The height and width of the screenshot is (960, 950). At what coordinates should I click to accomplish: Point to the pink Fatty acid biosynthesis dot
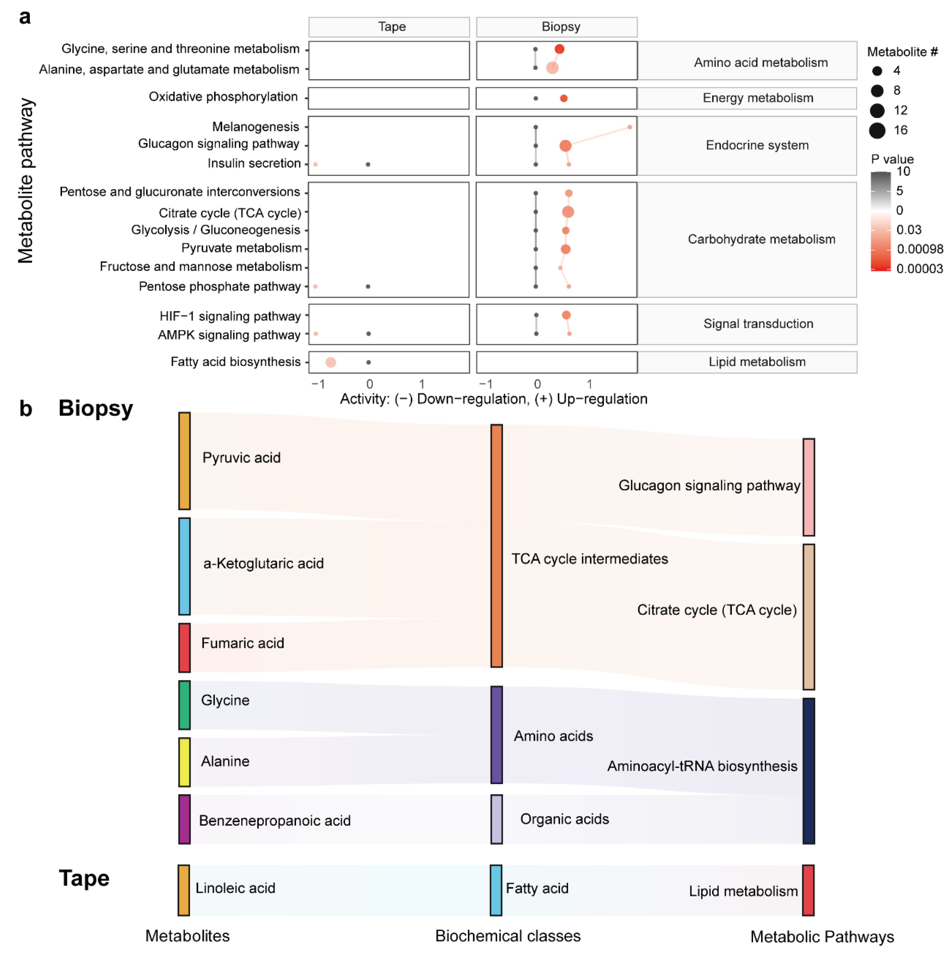(331, 362)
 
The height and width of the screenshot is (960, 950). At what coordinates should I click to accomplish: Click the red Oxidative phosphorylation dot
(563, 98)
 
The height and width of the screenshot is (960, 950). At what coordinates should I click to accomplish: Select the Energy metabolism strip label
(758, 98)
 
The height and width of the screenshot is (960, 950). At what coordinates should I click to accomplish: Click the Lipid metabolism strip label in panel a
(757, 362)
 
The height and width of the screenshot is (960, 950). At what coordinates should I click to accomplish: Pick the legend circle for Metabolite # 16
(877, 131)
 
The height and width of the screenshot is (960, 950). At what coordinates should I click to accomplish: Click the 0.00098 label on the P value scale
(920, 249)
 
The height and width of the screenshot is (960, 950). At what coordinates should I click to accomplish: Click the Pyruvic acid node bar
(184, 461)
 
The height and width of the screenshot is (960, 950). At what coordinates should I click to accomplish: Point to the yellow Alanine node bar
(184, 762)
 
